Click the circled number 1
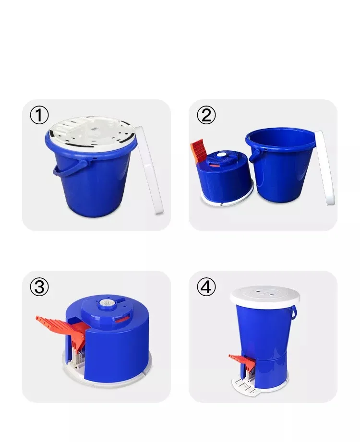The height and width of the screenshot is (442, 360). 39,115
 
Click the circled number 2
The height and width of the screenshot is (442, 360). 206,115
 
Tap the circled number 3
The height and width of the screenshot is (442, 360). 39,287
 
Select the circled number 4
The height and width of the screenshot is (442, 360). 206,287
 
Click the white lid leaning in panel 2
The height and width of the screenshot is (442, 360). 325,167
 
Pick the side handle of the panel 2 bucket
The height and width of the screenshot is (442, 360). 254,155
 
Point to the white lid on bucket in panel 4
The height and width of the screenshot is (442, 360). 265,296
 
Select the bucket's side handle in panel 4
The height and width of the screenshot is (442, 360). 294,312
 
